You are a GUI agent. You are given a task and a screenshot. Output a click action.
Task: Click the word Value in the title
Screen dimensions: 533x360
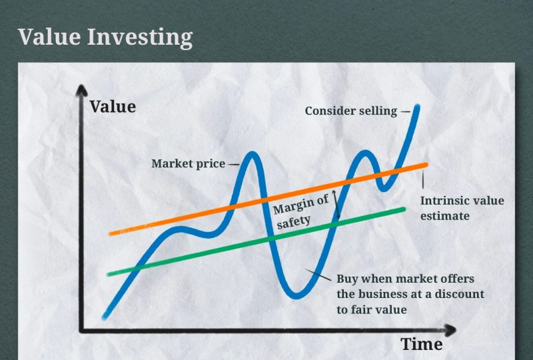pyautogui.click(x=49, y=37)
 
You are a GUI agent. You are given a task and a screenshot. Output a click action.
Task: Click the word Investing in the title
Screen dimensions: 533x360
pyautogui.click(x=140, y=38)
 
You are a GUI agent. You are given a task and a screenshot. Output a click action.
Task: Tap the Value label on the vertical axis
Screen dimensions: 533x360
pyautogui.click(x=113, y=107)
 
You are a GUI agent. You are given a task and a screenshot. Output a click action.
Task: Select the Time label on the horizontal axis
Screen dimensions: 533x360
pyautogui.click(x=422, y=344)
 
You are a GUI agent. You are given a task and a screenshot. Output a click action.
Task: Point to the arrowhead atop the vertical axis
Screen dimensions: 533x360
pyautogui.click(x=81, y=90)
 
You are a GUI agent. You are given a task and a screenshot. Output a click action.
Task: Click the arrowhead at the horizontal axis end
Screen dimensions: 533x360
pyautogui.click(x=450, y=331)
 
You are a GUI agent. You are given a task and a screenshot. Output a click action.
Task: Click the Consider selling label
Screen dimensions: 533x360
pyautogui.click(x=351, y=111)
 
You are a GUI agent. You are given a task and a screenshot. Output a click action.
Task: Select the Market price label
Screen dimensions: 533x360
pyautogui.click(x=189, y=164)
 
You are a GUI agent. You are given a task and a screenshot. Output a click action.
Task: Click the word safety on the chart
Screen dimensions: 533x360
pyautogui.click(x=294, y=222)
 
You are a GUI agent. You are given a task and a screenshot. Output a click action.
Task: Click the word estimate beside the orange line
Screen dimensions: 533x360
pyautogui.click(x=445, y=216)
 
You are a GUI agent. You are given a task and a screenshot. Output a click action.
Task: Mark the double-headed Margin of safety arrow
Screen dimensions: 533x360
pyautogui.click(x=336, y=204)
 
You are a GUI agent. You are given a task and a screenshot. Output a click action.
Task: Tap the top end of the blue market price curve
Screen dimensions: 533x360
pyautogui.click(x=417, y=107)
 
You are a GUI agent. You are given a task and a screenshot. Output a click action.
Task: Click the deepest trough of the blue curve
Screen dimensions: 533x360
pyautogui.click(x=296, y=296)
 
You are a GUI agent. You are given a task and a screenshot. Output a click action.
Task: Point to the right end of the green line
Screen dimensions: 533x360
pyautogui.click(x=404, y=209)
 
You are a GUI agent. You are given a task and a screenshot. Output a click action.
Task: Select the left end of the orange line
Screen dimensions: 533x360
pyautogui.click(x=111, y=233)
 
